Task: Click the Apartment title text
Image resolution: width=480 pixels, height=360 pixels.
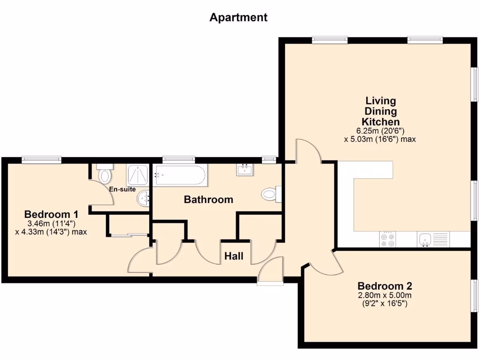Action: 238,18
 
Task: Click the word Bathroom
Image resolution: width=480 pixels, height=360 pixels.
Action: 208,200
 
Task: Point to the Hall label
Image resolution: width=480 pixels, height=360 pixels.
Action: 233,256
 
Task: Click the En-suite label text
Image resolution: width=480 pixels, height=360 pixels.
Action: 122,189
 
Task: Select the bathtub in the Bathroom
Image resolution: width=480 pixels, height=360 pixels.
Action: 180,175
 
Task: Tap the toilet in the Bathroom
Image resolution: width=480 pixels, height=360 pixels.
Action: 271,194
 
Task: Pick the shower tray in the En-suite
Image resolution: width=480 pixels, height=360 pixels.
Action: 136,176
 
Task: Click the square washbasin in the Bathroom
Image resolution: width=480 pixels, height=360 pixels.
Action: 245,170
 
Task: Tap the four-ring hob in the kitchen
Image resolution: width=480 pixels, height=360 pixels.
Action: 388,240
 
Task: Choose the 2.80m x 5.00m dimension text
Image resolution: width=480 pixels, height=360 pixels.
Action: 384,295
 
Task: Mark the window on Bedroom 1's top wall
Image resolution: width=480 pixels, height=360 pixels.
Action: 41,160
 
